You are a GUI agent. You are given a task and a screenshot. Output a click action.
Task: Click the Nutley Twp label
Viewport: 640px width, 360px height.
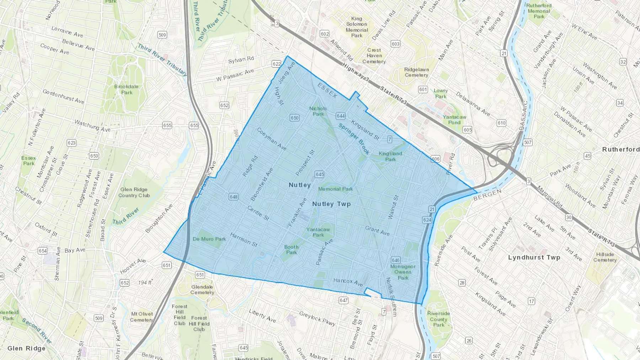coord(331,204)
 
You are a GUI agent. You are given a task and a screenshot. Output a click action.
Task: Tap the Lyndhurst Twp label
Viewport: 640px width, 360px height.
coord(534,257)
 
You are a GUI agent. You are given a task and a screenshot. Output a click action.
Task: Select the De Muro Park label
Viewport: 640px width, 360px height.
coord(209,239)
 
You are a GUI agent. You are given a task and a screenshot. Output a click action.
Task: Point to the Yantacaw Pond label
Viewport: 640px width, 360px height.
coord(454,120)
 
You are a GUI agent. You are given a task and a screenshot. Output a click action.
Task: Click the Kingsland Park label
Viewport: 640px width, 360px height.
coord(390,156)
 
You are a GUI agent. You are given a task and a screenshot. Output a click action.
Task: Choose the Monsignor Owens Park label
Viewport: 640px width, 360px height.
coord(403,272)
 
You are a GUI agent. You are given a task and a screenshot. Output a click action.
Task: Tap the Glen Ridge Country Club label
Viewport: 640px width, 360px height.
coord(134,192)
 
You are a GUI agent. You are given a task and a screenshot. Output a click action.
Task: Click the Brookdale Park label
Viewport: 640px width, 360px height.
coord(126,89)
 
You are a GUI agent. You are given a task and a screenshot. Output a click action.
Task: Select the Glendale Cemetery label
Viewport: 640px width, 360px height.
coord(202,290)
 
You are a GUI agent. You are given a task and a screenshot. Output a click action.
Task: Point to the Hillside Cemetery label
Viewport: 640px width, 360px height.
coord(605,257)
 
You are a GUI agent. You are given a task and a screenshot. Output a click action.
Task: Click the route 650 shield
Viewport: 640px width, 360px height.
coord(294,118)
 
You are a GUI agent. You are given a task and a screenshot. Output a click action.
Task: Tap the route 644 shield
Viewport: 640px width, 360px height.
coord(341,116)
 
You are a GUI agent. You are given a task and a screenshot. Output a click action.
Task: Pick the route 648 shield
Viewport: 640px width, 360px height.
coord(234,197)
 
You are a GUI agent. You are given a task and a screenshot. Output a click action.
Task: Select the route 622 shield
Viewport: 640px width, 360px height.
coord(277,64)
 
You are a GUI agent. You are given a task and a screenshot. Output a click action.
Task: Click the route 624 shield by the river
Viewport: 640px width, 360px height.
coord(427,220)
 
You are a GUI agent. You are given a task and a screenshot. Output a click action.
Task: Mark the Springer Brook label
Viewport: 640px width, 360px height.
coord(354,139)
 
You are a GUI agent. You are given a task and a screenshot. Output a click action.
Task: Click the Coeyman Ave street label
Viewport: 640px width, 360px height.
coord(271,139)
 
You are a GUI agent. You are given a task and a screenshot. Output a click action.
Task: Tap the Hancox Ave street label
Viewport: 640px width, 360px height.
coord(348,282)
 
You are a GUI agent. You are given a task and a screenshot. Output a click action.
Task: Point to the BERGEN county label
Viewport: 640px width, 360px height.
coord(487,195)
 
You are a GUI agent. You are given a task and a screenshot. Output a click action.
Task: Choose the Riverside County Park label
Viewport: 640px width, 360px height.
coord(438,319)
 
